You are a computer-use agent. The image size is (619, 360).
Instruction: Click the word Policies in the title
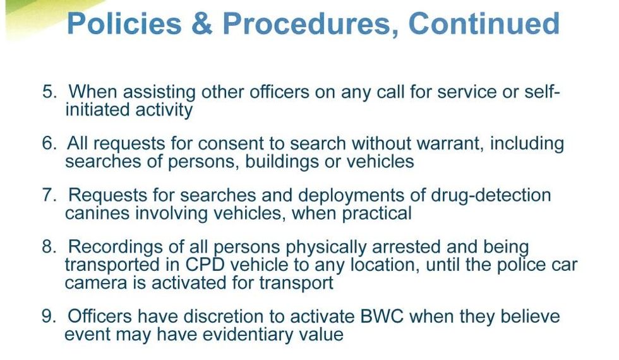pos(124,23)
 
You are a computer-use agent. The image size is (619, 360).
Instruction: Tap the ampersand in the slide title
pos(201,23)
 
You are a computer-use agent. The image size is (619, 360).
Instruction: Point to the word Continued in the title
pos(484,23)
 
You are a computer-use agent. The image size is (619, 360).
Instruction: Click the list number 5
pos(49,92)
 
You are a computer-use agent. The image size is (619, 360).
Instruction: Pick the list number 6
pos(49,143)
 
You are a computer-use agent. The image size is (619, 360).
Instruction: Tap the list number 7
pos(49,195)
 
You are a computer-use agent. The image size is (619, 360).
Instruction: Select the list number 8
pos(49,247)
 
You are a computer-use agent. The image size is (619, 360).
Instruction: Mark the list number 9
pos(49,316)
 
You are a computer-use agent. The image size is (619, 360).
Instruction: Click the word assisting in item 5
pos(159,92)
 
